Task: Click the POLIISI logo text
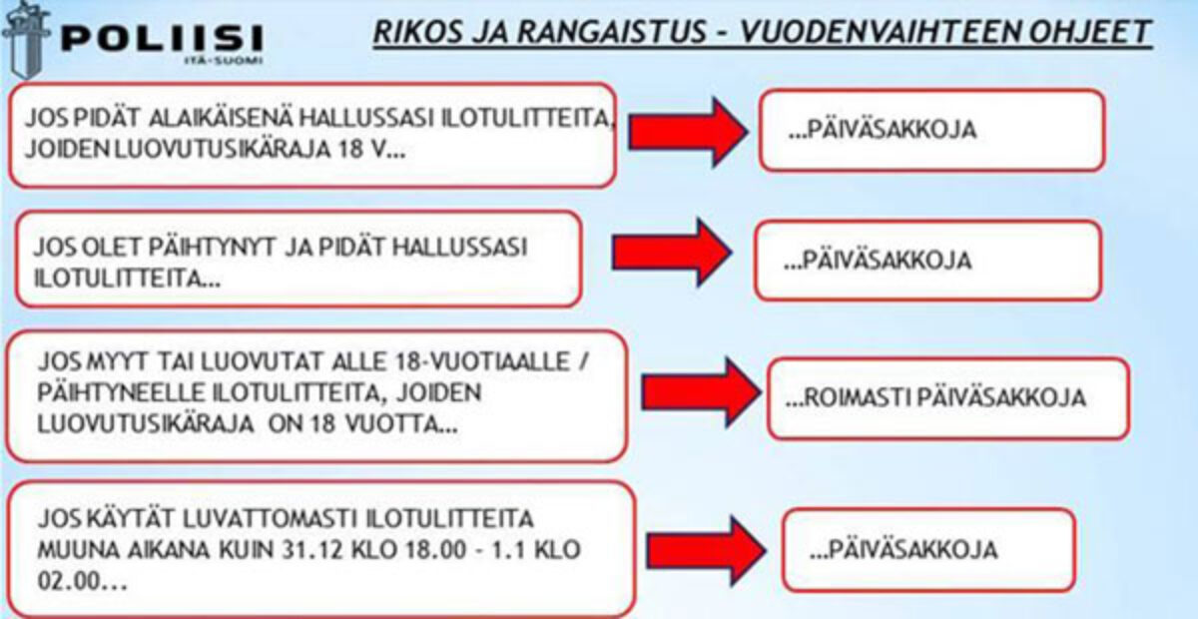(162, 38)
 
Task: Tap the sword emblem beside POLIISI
(26, 40)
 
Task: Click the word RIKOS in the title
(417, 32)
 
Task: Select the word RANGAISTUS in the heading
(612, 32)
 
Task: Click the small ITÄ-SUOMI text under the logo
(223, 61)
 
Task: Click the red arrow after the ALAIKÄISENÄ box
(688, 132)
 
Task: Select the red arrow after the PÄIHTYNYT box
(672, 252)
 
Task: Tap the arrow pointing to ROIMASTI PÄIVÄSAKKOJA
(701, 392)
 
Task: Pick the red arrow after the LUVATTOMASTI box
(706, 550)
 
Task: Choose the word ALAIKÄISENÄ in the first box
(221, 118)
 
